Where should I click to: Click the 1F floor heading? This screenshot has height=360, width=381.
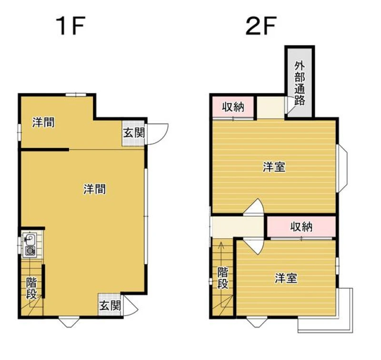(x=70, y=26)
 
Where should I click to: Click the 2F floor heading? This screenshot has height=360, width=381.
(x=261, y=26)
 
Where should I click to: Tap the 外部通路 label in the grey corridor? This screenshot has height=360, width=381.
(x=300, y=82)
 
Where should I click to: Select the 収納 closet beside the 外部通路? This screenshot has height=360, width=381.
(x=233, y=107)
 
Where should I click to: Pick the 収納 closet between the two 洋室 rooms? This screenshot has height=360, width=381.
(x=301, y=226)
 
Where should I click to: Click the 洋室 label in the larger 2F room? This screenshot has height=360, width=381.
(x=274, y=167)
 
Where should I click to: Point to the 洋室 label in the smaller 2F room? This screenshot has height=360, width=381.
(x=286, y=278)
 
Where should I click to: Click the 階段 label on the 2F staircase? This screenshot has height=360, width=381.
(x=222, y=278)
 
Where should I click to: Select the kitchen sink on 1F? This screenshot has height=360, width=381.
(x=30, y=239)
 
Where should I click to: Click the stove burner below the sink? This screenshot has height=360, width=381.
(x=30, y=251)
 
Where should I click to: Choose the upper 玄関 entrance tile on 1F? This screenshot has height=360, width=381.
(x=134, y=133)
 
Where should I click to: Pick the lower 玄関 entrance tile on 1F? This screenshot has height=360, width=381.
(x=110, y=305)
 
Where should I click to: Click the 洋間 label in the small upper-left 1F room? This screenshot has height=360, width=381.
(x=44, y=122)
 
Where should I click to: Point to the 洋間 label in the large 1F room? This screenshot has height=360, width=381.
(x=95, y=189)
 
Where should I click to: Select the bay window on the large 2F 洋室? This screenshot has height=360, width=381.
(x=342, y=168)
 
